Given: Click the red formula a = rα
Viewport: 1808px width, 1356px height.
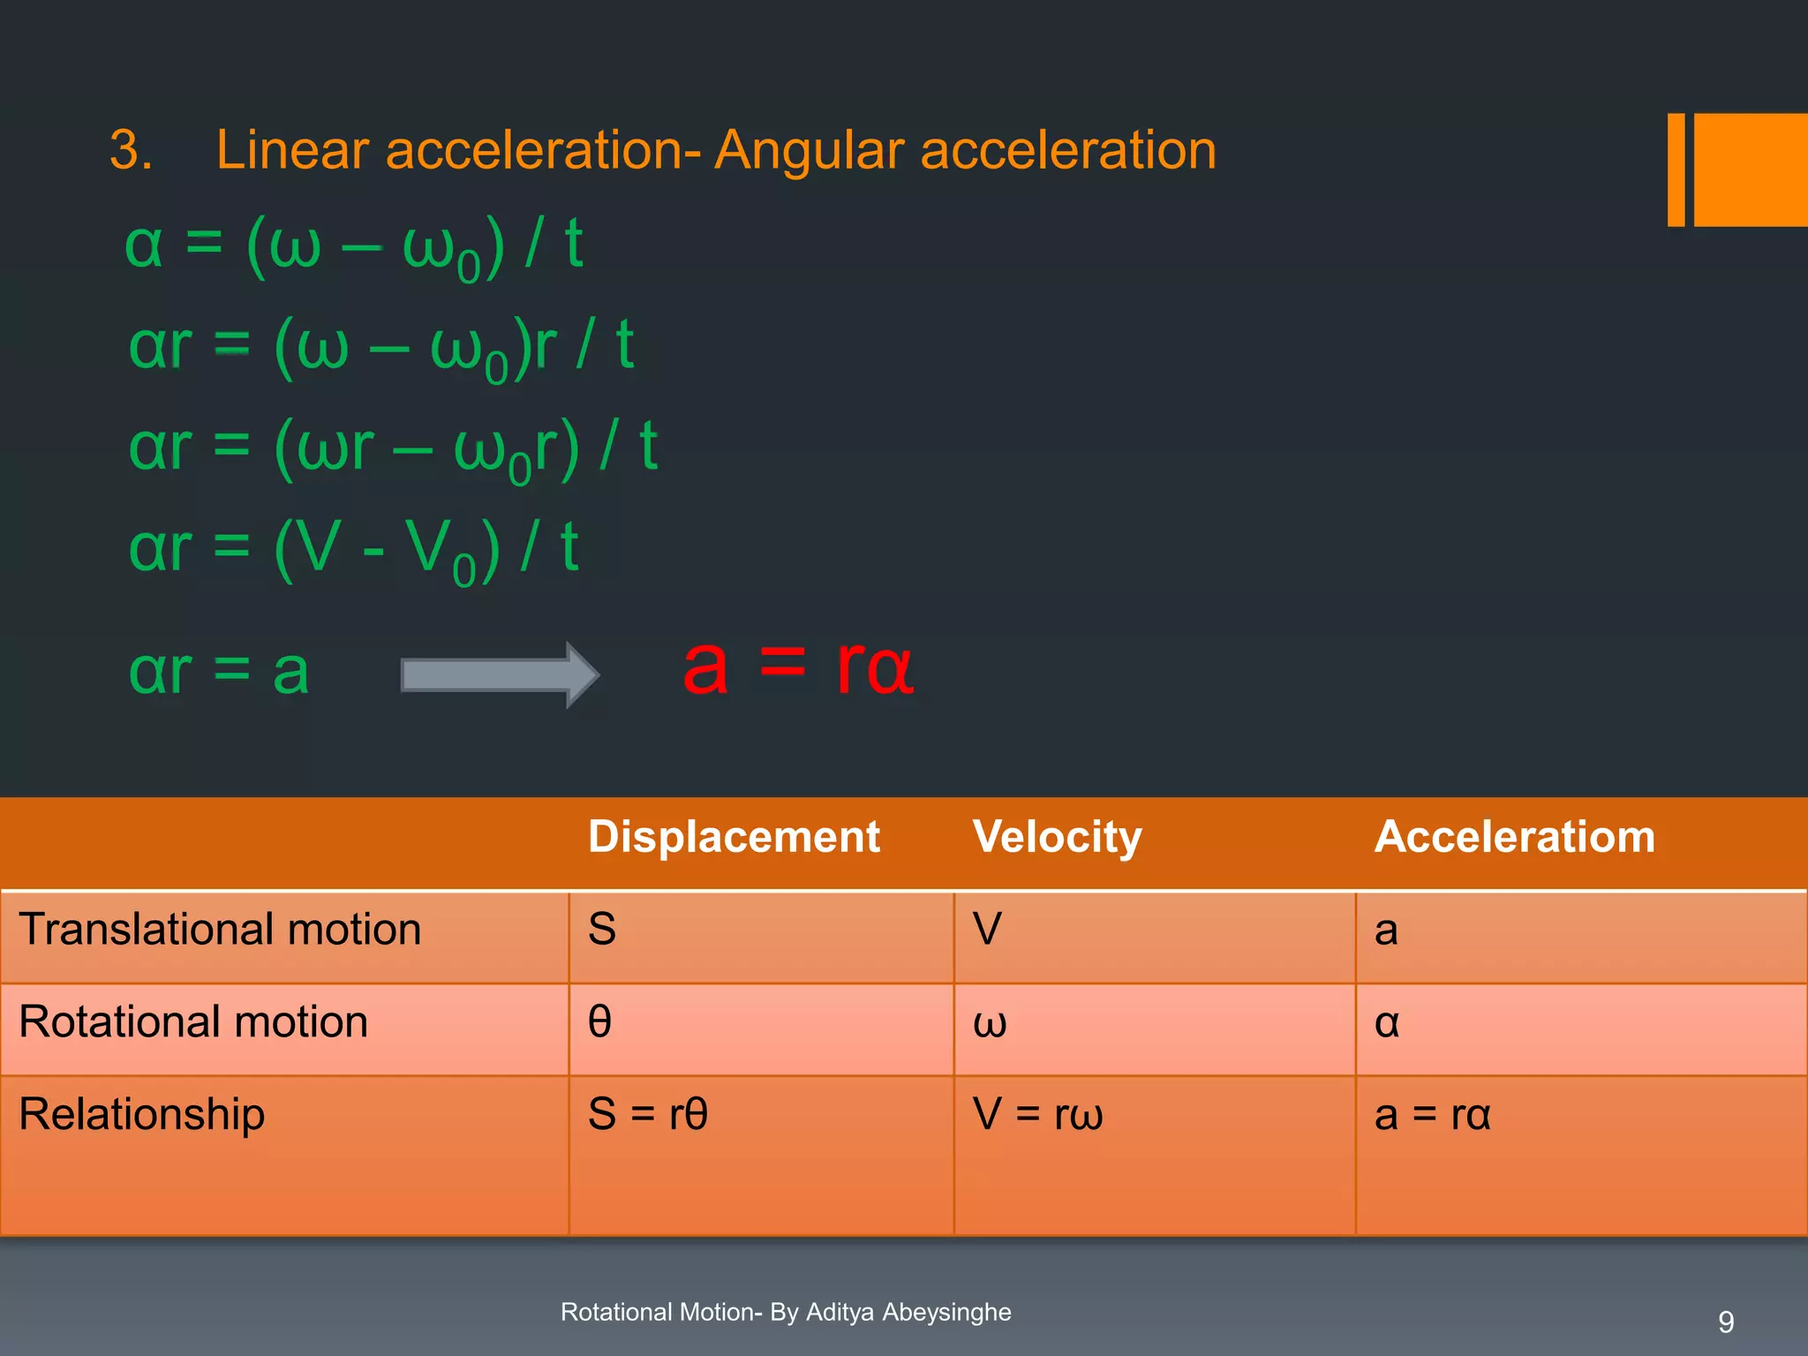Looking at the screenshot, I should coord(797,668).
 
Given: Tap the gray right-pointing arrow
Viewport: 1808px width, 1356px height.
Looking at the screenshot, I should coord(500,675).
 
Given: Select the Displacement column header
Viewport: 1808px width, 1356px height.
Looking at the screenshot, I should coord(734,837).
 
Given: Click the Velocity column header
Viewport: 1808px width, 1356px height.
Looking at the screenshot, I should coord(1057,837).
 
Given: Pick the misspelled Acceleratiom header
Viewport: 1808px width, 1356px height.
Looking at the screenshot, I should coord(1514,837).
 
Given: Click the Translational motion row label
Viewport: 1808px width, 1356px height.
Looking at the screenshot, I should coord(220,930).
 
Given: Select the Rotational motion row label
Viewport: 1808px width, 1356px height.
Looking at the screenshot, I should coord(193,1022).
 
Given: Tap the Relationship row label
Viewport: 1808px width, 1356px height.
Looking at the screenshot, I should coord(141,1114).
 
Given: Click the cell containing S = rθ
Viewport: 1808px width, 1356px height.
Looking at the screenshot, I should coord(648,1114).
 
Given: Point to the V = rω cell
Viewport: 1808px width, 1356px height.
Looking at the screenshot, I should coord(1037,1114).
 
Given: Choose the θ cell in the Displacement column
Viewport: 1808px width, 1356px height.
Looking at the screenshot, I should coord(600,1022).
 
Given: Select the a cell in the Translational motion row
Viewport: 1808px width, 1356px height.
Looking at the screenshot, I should coord(1386,930).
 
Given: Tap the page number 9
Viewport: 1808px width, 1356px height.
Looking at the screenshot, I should coord(1726,1322).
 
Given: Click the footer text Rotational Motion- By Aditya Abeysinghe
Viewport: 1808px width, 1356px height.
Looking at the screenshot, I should coord(786,1312).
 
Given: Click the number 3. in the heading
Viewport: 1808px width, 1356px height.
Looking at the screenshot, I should coord(131,149).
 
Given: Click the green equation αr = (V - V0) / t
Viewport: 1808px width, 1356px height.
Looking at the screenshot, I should coord(353,549).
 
